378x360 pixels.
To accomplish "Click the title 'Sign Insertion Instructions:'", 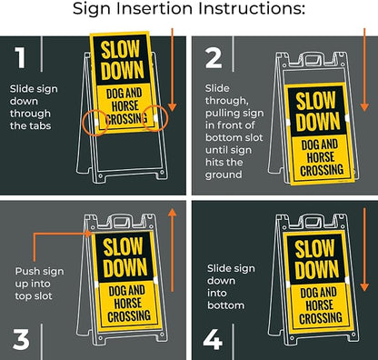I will point(188,12).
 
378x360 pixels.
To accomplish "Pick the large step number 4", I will point(213,337).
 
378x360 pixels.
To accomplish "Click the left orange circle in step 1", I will point(95,122).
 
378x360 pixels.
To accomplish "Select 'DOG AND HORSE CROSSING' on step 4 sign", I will point(313,304).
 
